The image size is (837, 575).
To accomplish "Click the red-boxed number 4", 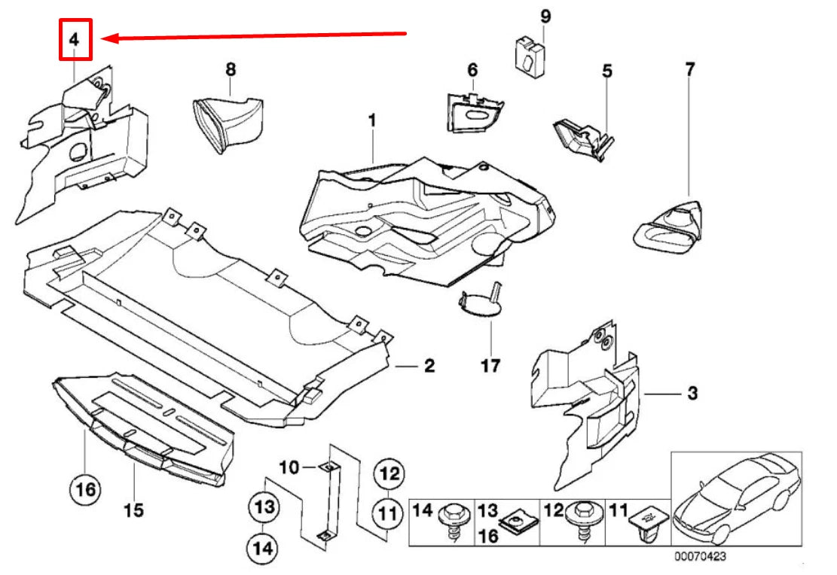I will click(x=75, y=40).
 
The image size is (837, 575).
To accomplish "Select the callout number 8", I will click(x=231, y=69).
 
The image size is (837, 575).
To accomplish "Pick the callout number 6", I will click(x=472, y=70).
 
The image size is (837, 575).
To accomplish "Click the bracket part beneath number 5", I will click(x=582, y=136).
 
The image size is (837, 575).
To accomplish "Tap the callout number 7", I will click(x=689, y=69).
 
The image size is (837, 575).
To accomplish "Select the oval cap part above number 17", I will click(x=480, y=304).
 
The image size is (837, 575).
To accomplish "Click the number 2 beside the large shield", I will click(x=428, y=367).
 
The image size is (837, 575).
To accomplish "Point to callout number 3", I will click(x=692, y=393).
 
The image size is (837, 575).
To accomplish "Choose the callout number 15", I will click(x=133, y=510).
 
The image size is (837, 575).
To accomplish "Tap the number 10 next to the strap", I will click(x=290, y=467).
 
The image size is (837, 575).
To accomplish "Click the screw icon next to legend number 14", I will click(x=454, y=520).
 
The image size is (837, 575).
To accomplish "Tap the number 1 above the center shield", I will click(x=371, y=120).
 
